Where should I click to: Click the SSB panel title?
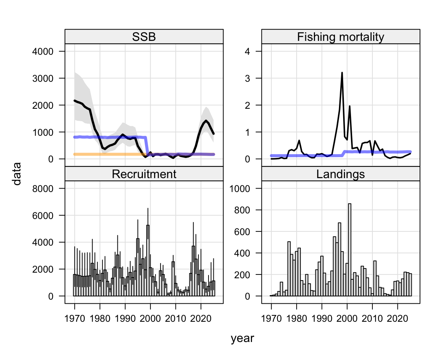click(x=144, y=37)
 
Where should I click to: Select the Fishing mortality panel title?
click(x=340, y=37)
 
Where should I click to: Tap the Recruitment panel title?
click(x=144, y=174)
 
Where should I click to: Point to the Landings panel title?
click(x=340, y=174)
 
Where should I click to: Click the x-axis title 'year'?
click(x=242, y=339)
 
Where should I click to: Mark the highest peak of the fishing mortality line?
click(x=342, y=73)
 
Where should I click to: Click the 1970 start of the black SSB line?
click(x=75, y=100)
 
